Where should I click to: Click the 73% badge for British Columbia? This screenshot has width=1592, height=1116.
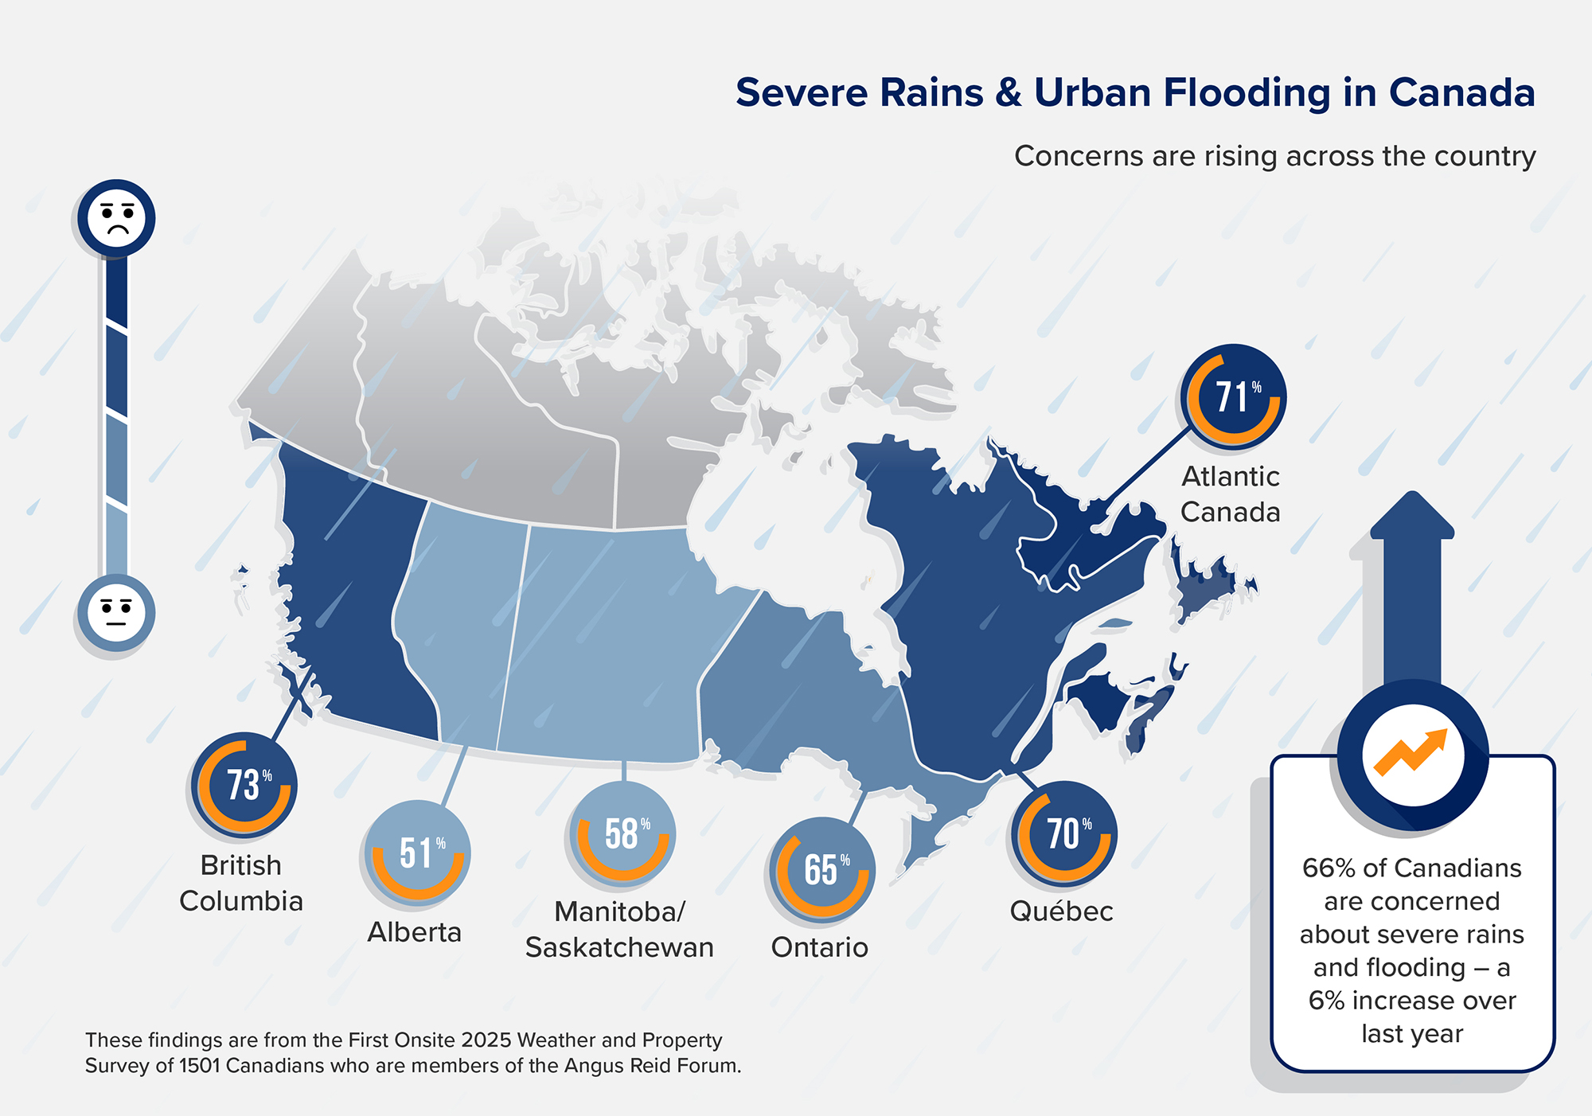(244, 785)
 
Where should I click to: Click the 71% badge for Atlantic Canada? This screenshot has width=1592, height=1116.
(1234, 396)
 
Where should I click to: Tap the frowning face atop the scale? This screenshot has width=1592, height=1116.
(116, 218)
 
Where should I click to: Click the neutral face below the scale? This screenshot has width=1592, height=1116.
(116, 613)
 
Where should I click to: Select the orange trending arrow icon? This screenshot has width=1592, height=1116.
(1412, 752)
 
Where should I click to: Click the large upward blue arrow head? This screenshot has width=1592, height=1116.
(1412, 517)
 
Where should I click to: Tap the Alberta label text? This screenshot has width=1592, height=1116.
(414, 932)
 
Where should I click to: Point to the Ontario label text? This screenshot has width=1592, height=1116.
(819, 947)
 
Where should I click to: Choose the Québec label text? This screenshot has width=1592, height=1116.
(1061, 911)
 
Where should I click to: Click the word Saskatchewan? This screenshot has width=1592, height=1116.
(619, 947)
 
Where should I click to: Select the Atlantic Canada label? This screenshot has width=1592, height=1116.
(1231, 494)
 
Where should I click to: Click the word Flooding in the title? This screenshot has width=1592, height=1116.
(1248, 93)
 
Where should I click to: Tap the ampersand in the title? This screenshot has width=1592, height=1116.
(1008, 93)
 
